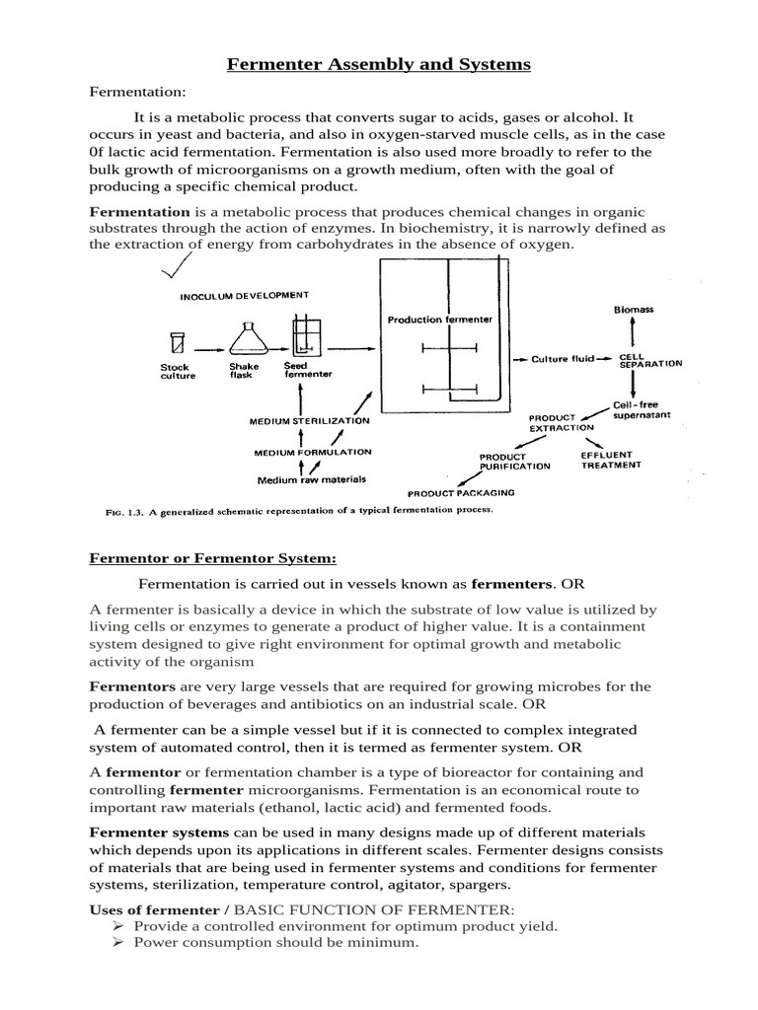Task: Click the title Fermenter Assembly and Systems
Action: [379, 65]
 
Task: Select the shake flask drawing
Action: [244, 338]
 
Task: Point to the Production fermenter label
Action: [439, 320]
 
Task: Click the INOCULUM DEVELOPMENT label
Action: [244, 295]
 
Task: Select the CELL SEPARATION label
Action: [648, 360]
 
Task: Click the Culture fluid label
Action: [563, 359]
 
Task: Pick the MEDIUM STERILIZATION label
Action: [309, 421]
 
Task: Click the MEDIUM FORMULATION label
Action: [312, 452]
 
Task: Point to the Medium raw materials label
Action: [311, 480]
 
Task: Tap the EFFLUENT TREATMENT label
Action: [611, 460]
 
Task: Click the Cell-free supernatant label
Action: [641, 410]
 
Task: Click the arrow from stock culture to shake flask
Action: [206, 348]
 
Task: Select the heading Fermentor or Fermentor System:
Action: [213, 557]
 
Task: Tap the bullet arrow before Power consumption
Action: [116, 943]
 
